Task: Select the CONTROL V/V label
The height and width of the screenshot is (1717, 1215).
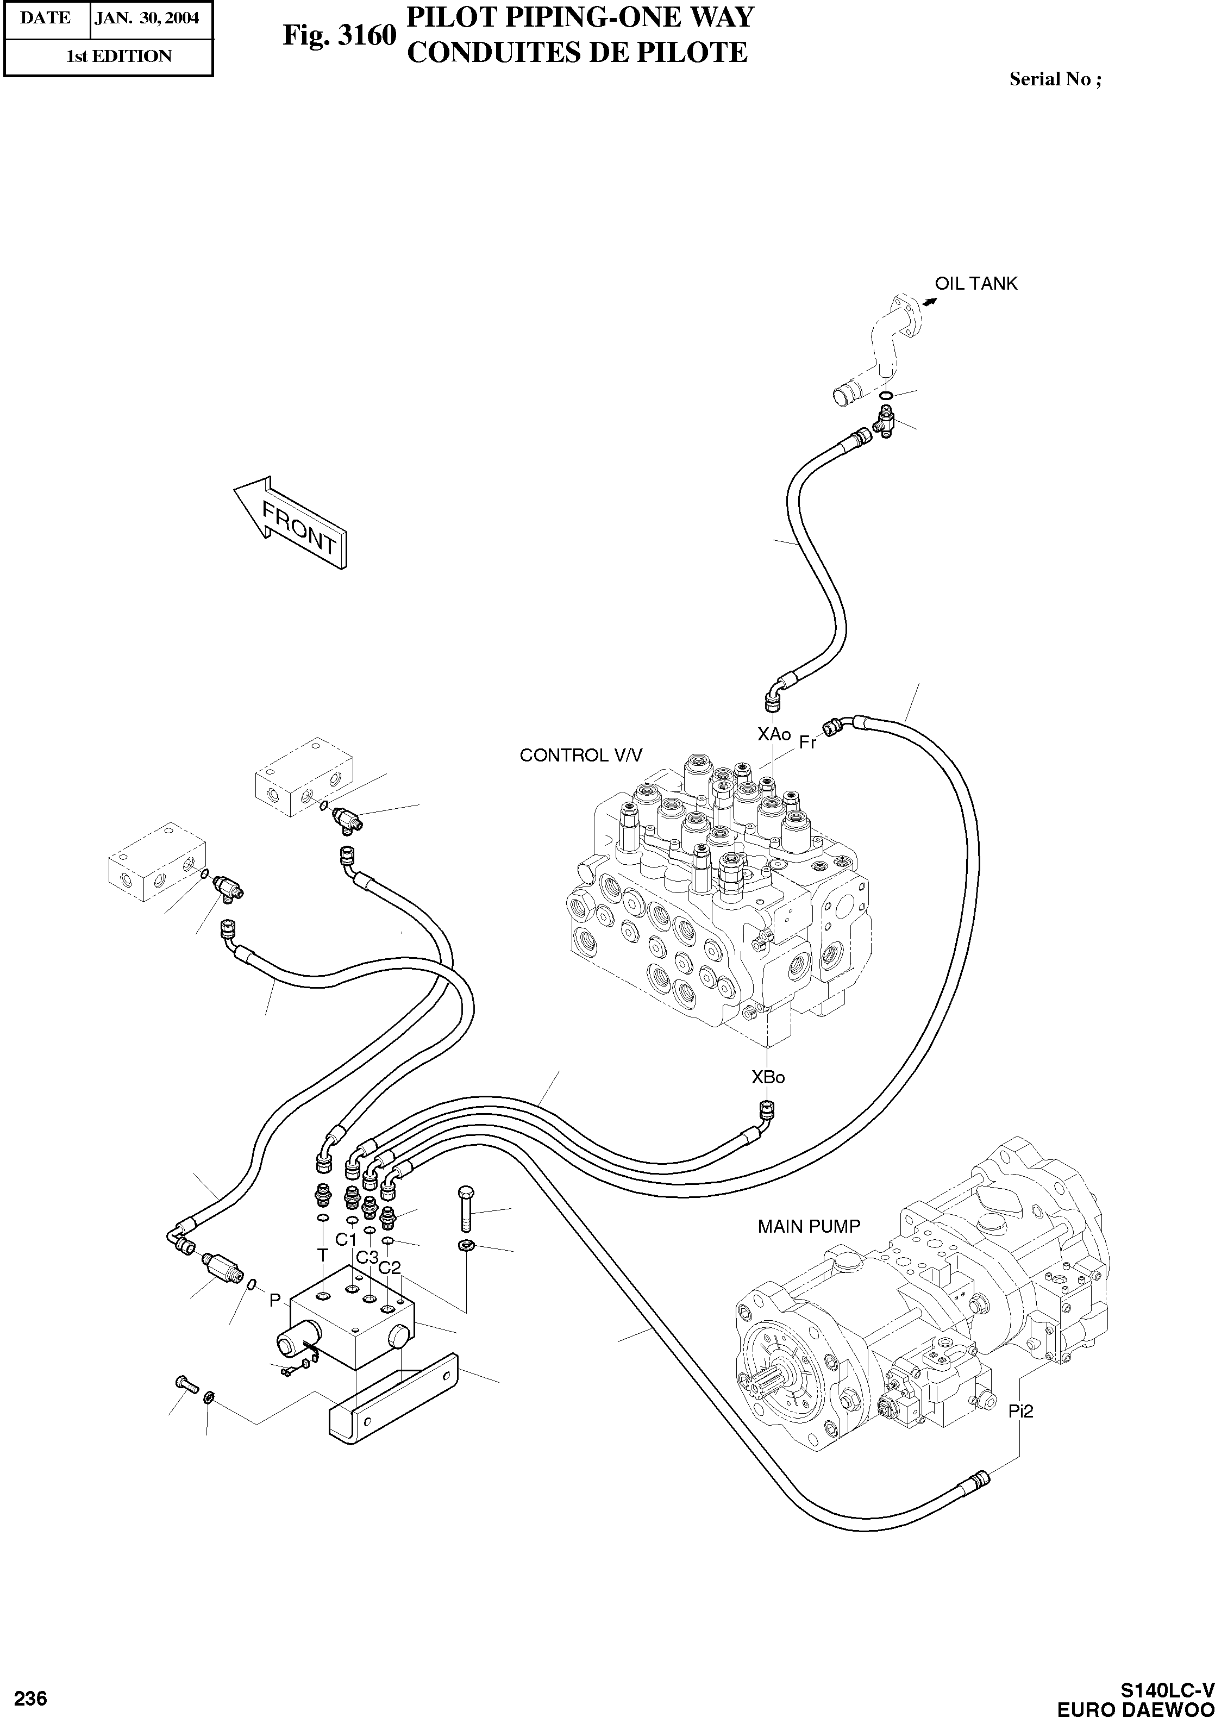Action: [580, 755]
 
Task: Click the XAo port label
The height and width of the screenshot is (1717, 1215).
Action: [774, 734]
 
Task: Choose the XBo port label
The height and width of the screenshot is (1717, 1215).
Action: [768, 1077]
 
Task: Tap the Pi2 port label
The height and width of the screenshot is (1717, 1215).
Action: [1020, 1411]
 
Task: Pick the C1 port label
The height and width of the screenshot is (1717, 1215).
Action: [346, 1240]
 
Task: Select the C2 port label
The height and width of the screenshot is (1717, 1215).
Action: [389, 1268]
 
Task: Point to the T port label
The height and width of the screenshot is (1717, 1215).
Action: [322, 1254]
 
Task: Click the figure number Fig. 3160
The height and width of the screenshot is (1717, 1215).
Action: [338, 35]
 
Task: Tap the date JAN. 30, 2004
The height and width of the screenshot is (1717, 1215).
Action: [147, 18]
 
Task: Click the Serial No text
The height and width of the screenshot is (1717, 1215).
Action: [1055, 79]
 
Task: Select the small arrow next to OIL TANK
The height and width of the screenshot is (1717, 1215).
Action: [929, 302]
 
